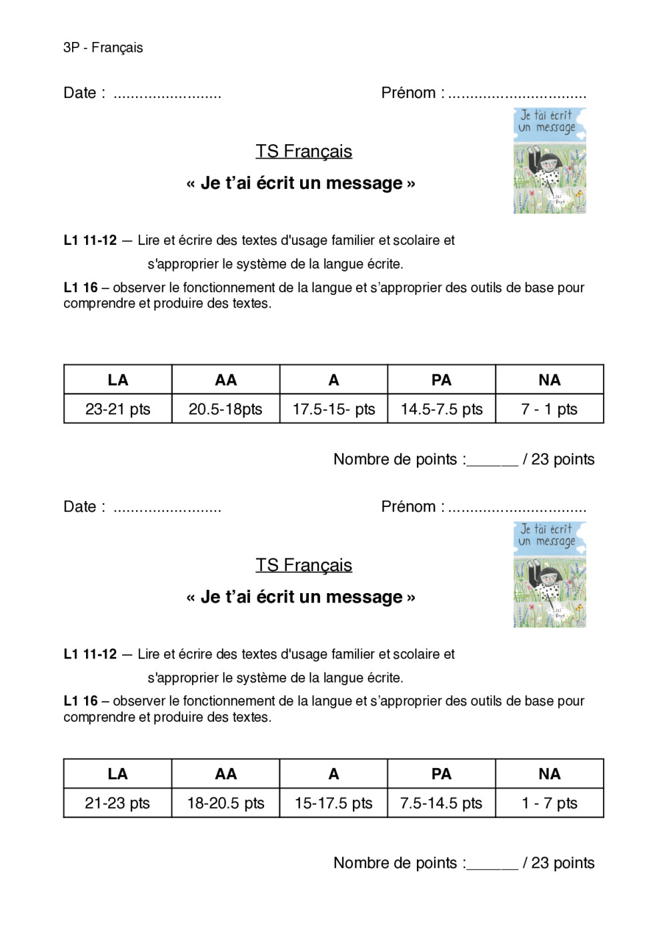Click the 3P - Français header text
point(103,47)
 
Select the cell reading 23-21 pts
point(118,409)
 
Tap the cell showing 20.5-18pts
point(225,409)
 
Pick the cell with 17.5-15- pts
point(333,409)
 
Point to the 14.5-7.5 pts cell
point(442,409)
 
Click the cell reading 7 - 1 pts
point(549,409)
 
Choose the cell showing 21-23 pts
point(117,803)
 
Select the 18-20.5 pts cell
point(225,803)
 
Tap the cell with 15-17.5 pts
point(333,803)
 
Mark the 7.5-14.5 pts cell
point(441,803)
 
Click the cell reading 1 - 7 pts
point(549,803)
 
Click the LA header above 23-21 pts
point(118,380)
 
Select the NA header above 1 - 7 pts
point(549,774)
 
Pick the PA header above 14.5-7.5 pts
point(442,380)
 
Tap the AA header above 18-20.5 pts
point(225,774)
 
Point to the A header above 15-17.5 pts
point(333,774)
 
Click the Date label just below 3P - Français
point(84,93)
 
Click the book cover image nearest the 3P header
point(550,161)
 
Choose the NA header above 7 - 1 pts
point(549,380)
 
